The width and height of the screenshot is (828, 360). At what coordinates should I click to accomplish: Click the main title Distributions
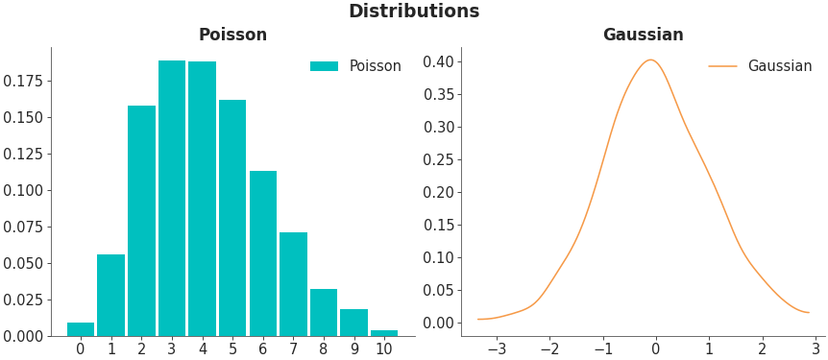[x=413, y=12]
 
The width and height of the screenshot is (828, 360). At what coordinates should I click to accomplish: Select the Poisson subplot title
[x=232, y=35]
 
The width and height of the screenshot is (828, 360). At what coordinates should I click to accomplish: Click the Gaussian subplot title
[x=643, y=35]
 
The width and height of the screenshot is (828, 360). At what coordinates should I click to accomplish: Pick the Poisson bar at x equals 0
[x=81, y=329]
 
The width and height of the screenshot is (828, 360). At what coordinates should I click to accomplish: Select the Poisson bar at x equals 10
[x=384, y=332]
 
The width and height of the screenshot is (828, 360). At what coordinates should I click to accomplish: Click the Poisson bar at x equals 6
[x=263, y=253]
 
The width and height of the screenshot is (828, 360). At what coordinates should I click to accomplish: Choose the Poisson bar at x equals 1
[x=111, y=295]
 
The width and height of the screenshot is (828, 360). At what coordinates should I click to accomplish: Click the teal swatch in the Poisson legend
[x=324, y=66]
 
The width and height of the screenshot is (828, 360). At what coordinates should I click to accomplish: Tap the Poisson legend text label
[x=375, y=66]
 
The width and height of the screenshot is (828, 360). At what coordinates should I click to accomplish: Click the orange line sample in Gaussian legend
[x=722, y=66]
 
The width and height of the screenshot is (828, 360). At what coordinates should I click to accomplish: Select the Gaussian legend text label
[x=779, y=66]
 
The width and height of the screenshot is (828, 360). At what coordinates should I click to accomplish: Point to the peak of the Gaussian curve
[x=650, y=60]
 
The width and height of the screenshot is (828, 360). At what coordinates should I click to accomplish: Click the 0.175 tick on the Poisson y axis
[x=23, y=81]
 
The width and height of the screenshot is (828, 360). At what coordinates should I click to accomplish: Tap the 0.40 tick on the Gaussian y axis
[x=438, y=61]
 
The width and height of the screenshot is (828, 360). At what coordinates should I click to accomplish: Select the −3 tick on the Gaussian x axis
[x=497, y=348]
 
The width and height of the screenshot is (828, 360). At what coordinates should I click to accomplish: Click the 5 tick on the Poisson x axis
[x=232, y=348]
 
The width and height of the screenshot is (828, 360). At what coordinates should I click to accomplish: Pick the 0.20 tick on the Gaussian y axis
[x=438, y=192]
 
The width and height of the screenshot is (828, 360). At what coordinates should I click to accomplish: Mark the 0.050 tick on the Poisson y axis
[x=23, y=263]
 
